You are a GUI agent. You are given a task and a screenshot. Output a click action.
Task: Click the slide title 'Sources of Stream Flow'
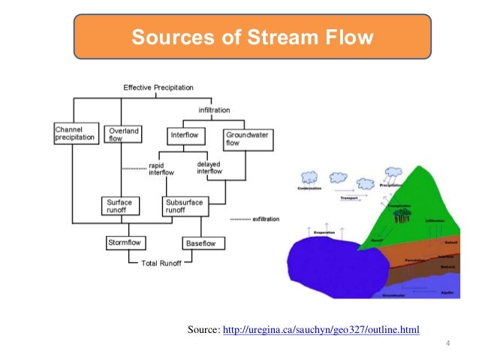252,37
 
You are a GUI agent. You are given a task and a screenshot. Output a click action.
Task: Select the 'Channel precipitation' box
75,134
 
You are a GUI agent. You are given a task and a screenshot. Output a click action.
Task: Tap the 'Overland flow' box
122,135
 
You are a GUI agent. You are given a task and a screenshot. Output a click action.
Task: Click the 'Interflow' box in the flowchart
185,135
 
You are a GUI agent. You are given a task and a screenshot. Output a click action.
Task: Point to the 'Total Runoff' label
161,263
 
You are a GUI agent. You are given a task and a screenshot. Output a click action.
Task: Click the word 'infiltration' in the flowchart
214,110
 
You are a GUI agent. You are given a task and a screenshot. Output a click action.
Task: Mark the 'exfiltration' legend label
260,219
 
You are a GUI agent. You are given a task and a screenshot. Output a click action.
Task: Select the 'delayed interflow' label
209,168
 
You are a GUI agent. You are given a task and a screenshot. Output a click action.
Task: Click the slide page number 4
447,345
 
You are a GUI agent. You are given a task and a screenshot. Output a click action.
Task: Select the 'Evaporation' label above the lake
324,233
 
